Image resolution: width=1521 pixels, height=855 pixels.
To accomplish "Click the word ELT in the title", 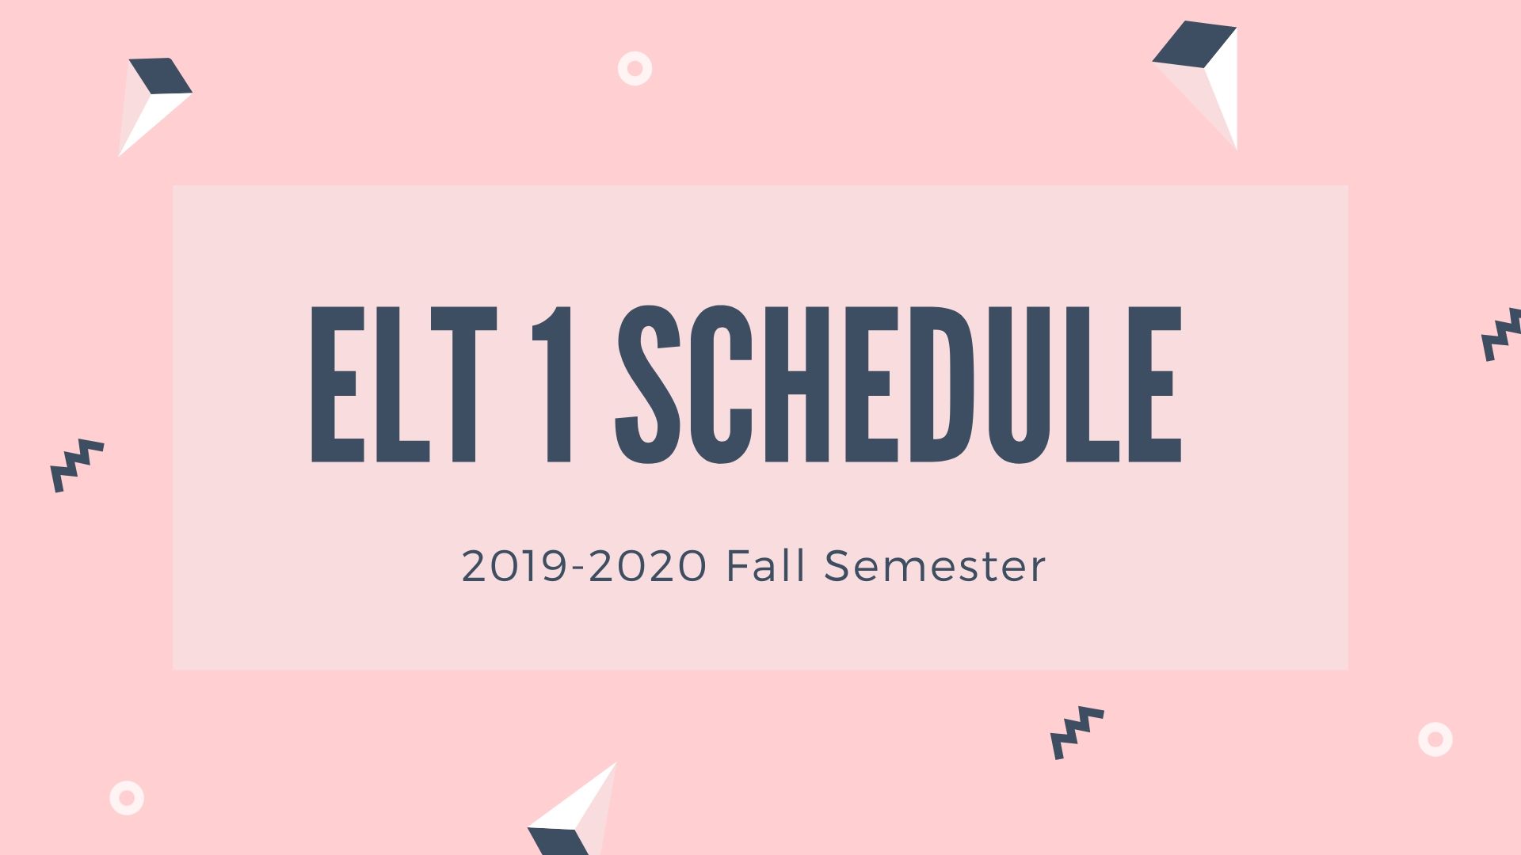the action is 404,384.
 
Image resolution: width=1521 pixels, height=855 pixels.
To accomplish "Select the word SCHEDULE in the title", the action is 898,384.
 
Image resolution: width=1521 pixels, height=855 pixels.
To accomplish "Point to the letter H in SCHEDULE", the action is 798,384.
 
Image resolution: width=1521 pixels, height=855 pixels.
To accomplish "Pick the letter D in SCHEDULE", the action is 943,384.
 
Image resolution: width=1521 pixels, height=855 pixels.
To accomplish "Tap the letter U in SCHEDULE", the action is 1019,385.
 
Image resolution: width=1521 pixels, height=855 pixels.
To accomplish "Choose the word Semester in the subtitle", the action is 935,566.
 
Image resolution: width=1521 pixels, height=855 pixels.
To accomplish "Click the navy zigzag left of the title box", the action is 77,465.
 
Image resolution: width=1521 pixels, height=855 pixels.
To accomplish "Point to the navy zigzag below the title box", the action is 1077,733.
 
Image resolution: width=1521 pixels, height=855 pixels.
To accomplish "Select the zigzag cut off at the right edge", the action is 1501,335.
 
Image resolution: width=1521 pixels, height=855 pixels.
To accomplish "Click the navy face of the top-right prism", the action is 1195,44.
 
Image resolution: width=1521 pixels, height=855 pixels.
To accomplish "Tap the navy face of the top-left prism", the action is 161,76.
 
